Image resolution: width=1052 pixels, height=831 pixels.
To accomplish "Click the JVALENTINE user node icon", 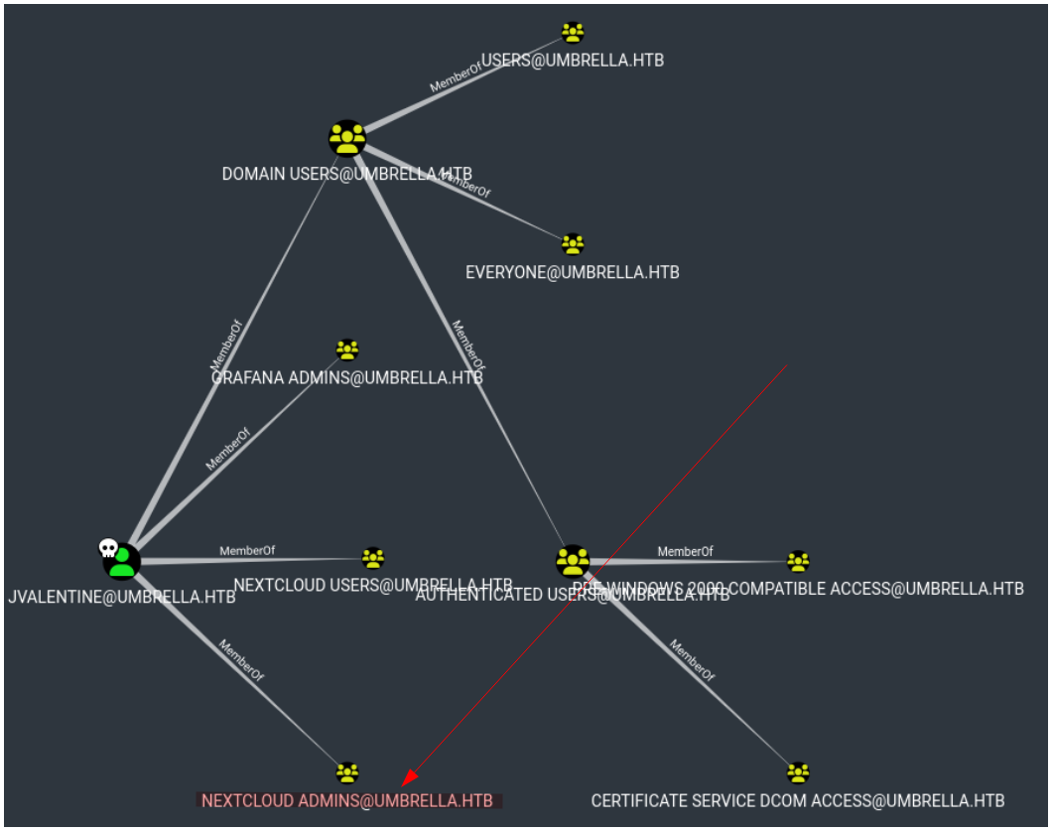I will [122, 562].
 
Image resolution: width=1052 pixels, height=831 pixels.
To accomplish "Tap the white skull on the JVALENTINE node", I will [108, 548].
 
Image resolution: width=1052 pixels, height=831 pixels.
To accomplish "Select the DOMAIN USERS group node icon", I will [347, 138].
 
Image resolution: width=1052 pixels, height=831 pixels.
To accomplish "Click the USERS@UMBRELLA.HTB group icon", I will [573, 33].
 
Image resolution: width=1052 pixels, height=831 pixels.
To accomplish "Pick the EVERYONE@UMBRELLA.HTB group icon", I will [573, 243].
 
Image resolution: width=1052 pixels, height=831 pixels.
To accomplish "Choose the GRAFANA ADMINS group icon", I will [347, 349].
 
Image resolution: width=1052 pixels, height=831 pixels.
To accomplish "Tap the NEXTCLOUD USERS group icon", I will [373, 558].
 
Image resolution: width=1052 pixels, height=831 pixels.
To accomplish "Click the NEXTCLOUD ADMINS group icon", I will [346, 771].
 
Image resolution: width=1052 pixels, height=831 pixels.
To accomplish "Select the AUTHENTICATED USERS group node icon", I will [573, 561].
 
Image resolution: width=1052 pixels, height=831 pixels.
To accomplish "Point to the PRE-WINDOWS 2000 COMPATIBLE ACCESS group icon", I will [798, 561].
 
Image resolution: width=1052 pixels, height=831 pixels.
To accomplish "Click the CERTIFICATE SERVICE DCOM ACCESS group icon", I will [798, 771].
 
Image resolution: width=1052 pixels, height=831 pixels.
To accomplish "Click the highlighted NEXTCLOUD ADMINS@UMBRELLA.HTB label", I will [347, 800].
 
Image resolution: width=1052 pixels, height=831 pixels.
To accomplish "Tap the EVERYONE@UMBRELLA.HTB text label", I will [573, 272].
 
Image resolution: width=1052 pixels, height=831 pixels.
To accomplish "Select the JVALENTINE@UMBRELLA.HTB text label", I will [121, 598].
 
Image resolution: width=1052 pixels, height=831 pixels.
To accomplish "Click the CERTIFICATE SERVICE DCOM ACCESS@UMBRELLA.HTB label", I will [798, 800].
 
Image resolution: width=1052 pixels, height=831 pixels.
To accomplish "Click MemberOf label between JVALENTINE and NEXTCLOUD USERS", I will [247, 551].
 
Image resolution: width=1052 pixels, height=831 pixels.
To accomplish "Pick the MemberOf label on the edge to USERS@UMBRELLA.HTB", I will [455, 79].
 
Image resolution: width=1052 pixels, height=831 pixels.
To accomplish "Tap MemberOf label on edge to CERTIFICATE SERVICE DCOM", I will [692, 660].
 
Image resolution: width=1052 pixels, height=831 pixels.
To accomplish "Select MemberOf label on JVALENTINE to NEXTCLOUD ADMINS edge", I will [241, 661].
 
